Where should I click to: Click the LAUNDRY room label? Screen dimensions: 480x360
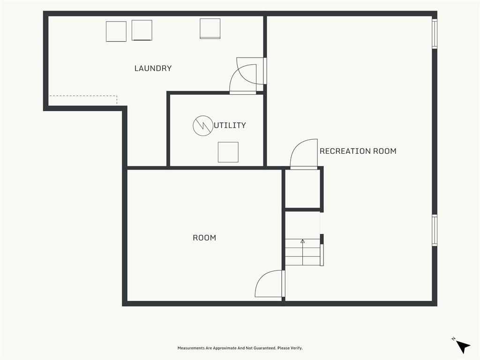coord(153,68)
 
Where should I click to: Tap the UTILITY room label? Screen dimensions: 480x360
coord(230,125)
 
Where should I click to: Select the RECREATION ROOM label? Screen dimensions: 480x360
coord(358,151)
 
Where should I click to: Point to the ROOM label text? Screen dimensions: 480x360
coord(204,238)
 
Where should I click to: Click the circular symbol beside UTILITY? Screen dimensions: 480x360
coord(202,126)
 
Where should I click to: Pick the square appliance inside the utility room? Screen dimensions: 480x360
coord(228,152)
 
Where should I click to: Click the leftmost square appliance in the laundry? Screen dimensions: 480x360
coord(116,31)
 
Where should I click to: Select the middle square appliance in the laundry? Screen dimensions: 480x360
coord(142,30)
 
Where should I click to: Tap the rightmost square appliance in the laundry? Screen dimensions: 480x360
coord(210,29)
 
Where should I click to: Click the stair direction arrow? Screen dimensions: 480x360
coord(303,252)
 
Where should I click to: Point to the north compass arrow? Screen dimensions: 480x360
coord(463,346)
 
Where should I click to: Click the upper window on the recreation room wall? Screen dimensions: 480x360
coord(435,33)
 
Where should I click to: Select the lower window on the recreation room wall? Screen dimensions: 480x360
coord(435,230)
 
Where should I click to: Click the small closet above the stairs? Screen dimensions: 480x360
coord(303,189)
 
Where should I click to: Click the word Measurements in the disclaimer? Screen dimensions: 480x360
coord(191,348)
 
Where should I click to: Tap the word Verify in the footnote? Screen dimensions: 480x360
coord(296,348)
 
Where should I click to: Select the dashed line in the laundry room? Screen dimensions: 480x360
coord(83,96)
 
